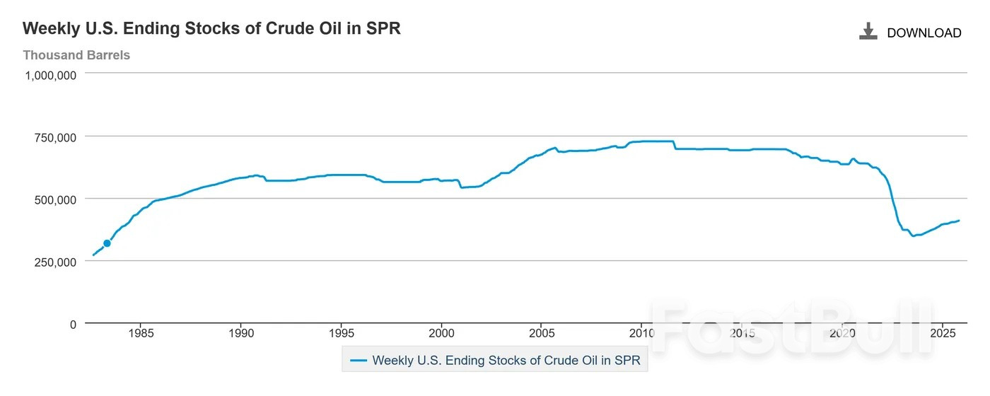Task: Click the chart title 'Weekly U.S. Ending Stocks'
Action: click(x=211, y=29)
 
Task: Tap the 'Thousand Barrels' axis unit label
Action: click(x=76, y=55)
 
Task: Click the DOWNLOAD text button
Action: click(x=924, y=33)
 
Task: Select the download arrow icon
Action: click(x=868, y=31)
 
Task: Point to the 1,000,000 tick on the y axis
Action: click(x=51, y=75)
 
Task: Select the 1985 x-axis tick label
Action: click(x=141, y=334)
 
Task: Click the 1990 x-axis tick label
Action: click(x=241, y=334)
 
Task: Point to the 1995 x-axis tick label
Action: click(x=342, y=334)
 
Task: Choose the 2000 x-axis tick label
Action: click(x=441, y=334)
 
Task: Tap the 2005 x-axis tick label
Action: click(x=542, y=334)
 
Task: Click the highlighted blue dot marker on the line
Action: click(x=107, y=243)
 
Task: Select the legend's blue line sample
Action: click(x=359, y=360)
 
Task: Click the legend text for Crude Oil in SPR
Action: click(x=506, y=360)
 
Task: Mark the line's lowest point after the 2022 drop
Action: click(x=913, y=236)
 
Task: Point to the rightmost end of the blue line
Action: click(x=959, y=221)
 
